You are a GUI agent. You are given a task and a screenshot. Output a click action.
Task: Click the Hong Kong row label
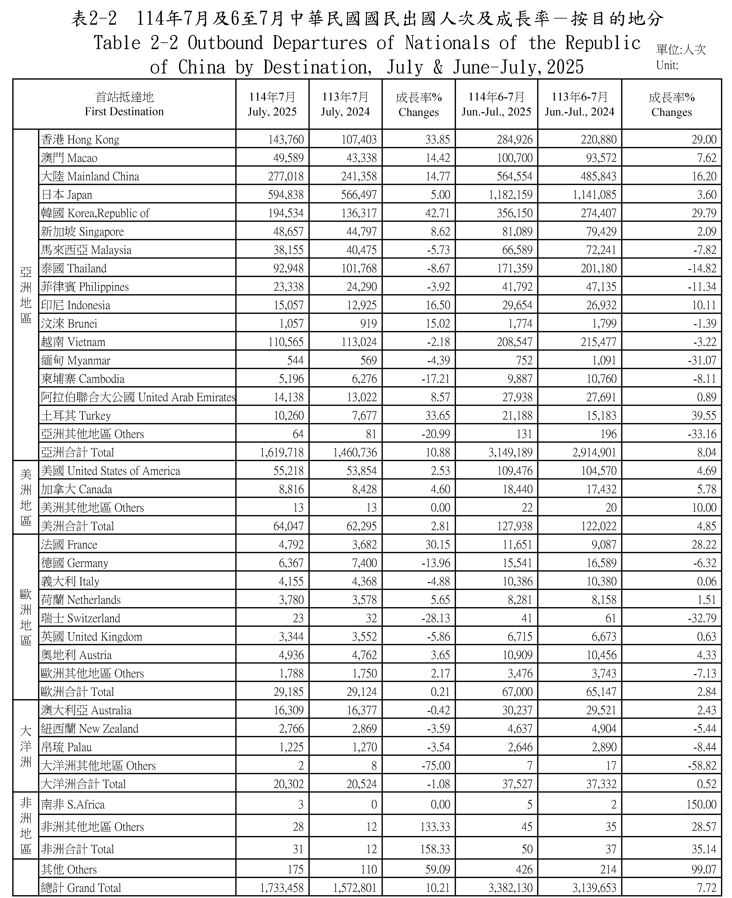coord(80,140)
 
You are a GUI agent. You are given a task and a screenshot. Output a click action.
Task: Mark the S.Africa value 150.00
coord(701,804)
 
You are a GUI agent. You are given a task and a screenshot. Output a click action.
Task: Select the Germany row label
coord(75,563)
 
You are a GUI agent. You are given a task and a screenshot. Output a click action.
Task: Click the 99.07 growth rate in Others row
coord(704,869)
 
